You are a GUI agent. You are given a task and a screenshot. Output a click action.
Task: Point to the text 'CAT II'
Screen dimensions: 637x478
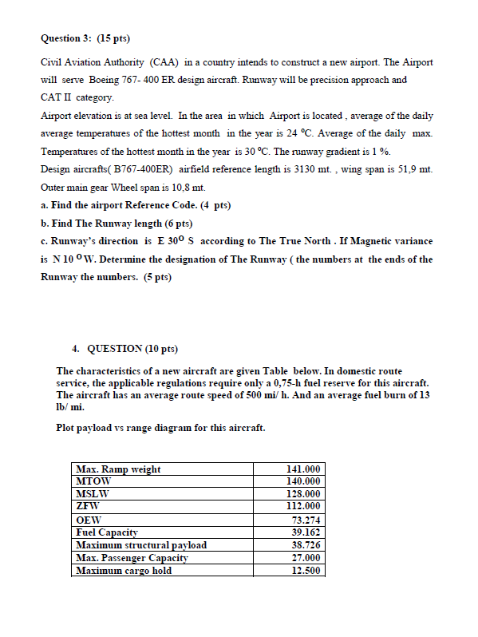point(53,97)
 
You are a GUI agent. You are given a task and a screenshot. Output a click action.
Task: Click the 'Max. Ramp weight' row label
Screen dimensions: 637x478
point(118,469)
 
